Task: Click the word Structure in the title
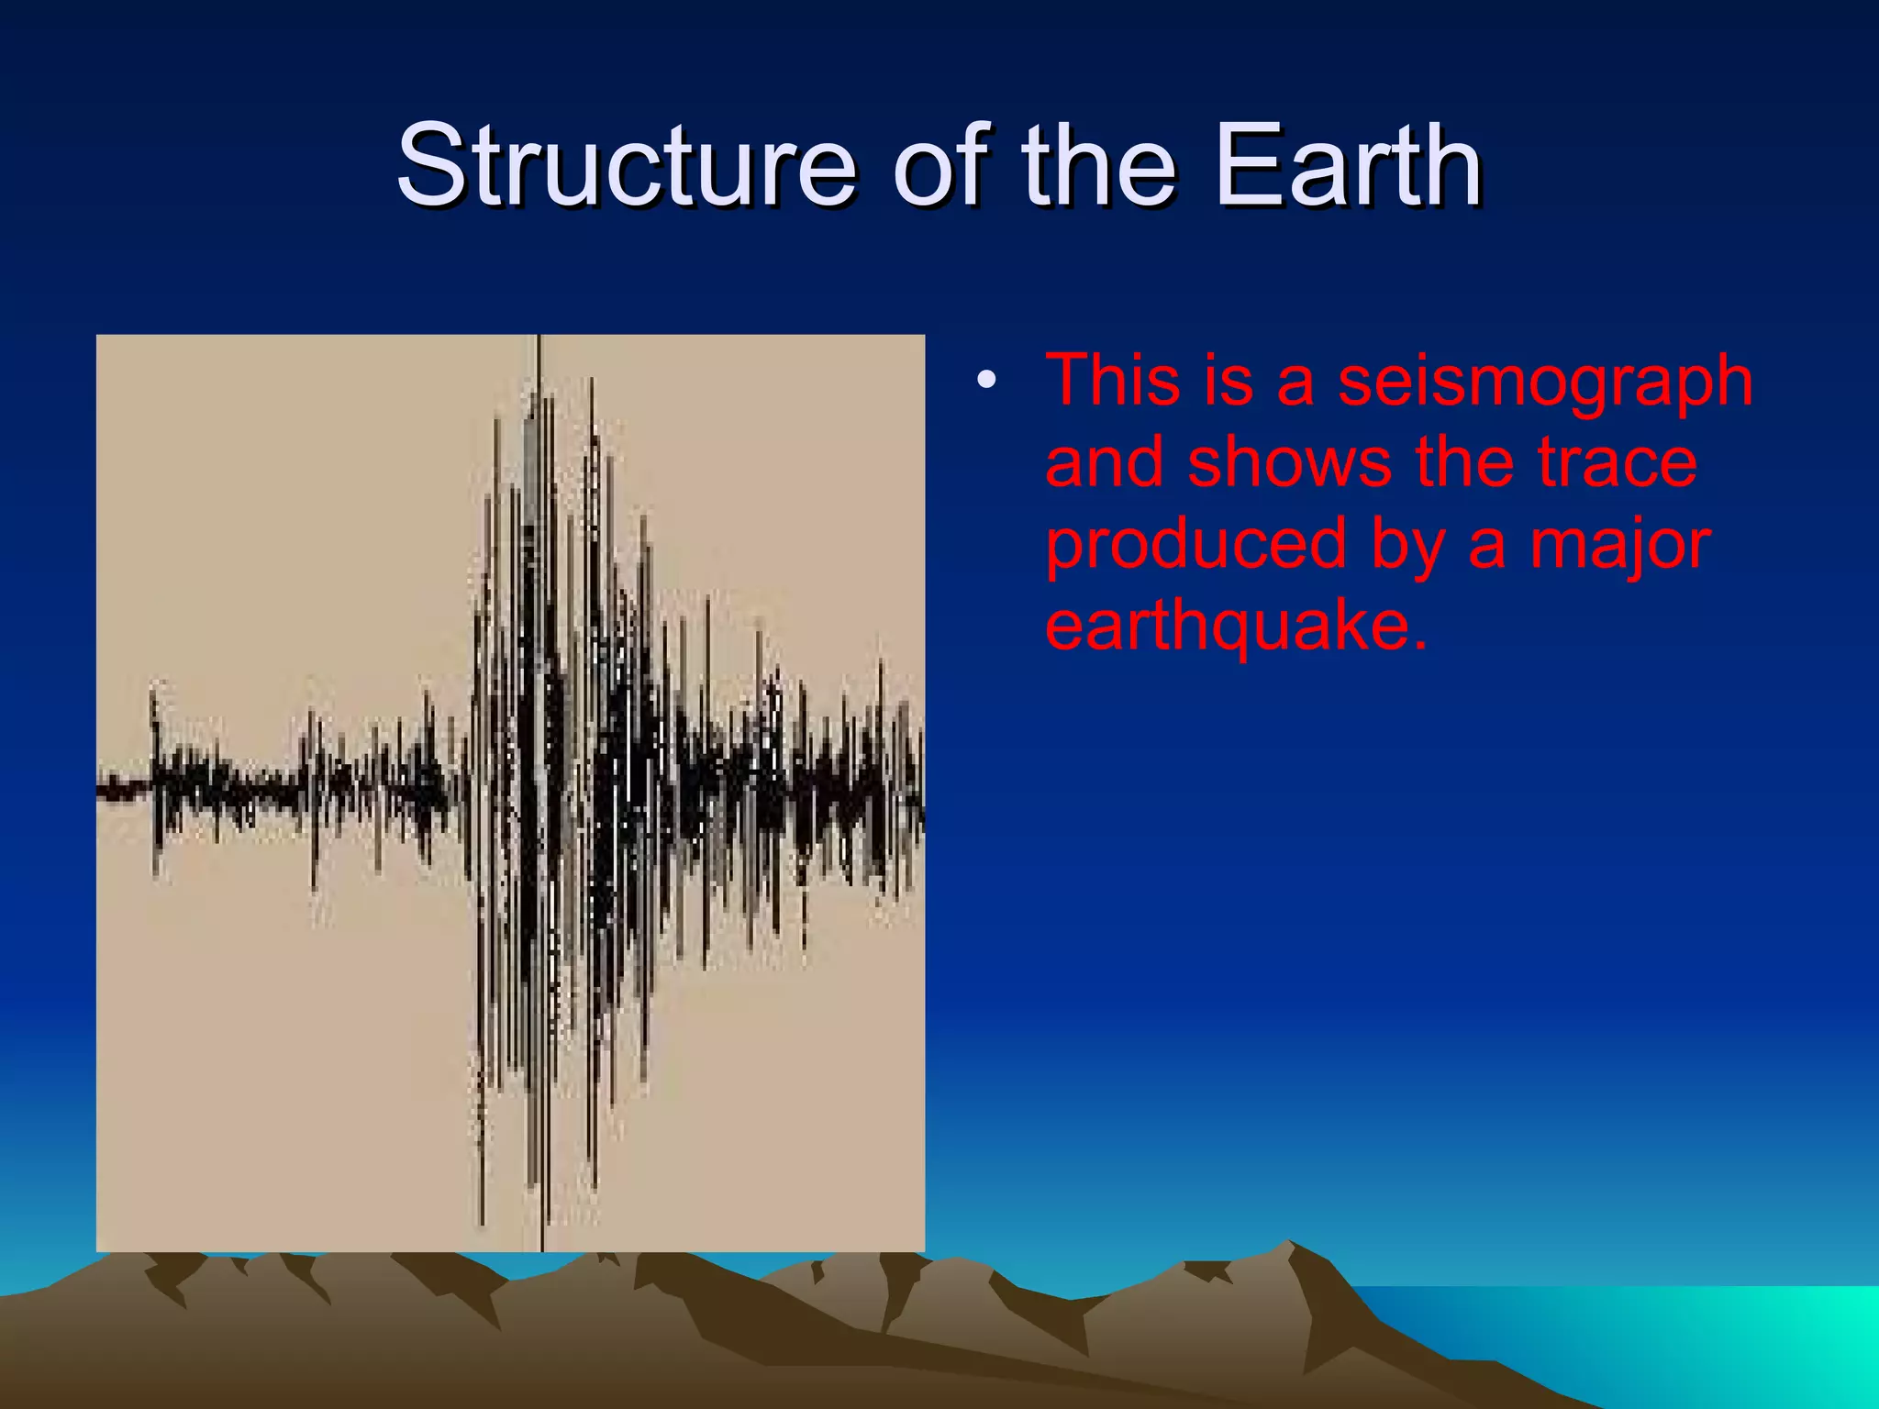click(x=626, y=167)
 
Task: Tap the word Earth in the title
click(x=1348, y=167)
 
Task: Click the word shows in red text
click(x=1290, y=462)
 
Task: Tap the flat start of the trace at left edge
click(x=119, y=787)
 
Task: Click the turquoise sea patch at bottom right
click(x=1697, y=1339)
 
